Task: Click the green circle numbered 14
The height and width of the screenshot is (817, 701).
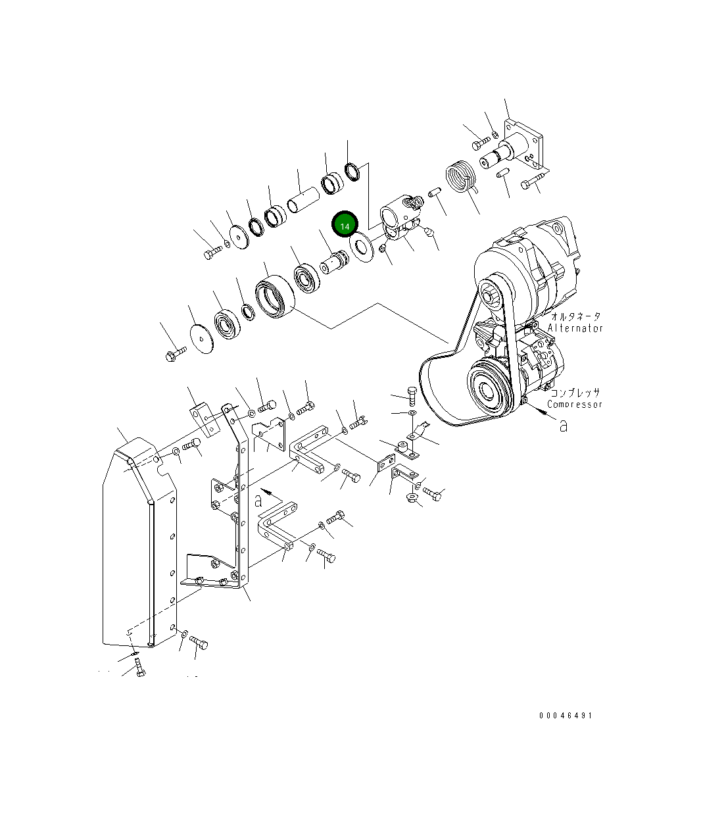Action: click(x=345, y=224)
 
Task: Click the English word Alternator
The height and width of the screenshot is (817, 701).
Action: click(x=575, y=328)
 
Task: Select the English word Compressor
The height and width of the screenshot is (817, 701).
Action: click(x=575, y=405)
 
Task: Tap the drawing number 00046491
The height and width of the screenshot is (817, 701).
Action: click(x=566, y=716)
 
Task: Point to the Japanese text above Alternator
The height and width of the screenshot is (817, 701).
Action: click(x=576, y=316)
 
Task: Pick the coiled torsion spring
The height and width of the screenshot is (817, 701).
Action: click(x=461, y=177)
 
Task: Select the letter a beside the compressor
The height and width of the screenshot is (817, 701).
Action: click(x=564, y=426)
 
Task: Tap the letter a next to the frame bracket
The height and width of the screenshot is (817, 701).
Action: click(x=258, y=501)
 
